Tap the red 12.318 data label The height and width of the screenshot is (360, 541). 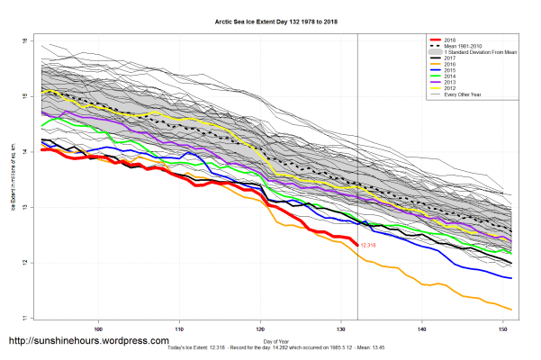click(369, 245)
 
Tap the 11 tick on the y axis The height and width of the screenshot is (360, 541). click(27, 318)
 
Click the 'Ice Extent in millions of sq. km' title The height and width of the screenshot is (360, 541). click(14, 180)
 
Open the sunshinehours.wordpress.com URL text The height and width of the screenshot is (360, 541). click(88, 341)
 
